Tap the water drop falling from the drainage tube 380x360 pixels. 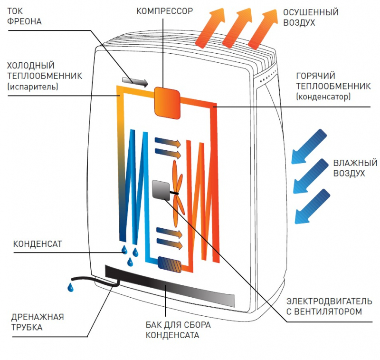[x=70, y=287]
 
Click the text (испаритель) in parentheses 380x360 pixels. [x=32, y=87]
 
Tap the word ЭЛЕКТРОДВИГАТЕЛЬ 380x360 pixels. [x=324, y=302]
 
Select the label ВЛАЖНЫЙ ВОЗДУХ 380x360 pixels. [x=355, y=168]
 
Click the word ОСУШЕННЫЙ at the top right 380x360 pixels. [x=311, y=12]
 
